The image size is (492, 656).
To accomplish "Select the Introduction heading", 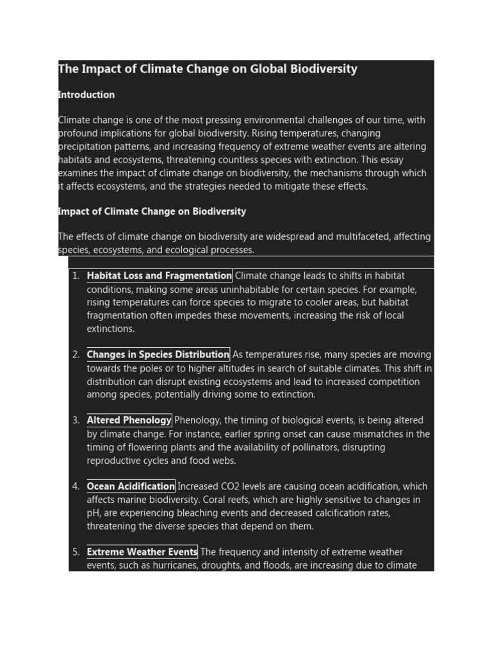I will click(86, 95).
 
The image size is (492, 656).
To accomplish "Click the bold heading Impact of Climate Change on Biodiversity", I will click(152, 211).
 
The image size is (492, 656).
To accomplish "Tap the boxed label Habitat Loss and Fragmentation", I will click(159, 276).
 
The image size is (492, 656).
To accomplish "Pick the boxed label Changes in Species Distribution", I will click(158, 355).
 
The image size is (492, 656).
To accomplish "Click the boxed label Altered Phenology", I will click(129, 420).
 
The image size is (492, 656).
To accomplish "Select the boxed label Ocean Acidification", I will click(131, 486).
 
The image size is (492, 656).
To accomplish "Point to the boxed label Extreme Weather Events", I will click(142, 552).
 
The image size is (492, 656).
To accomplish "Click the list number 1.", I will click(75, 276).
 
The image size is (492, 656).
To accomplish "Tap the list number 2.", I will click(75, 355).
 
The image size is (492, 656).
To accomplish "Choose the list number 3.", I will click(75, 420).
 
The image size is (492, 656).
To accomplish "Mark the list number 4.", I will click(75, 486).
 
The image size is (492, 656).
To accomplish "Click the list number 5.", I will click(75, 552).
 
